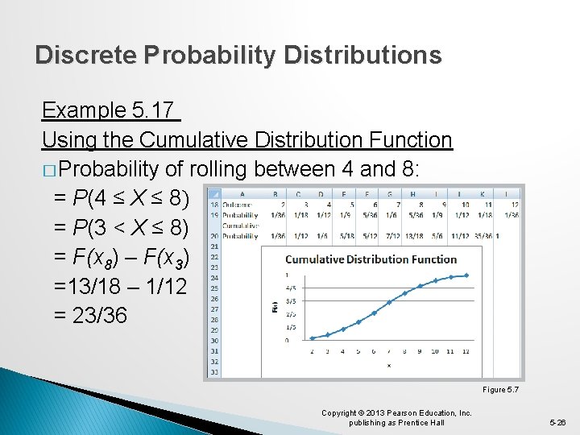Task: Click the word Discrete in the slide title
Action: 86,55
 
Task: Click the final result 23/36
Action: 90,315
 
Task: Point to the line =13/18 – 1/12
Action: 119,286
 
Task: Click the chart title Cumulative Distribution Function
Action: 371,259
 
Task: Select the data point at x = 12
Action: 466,275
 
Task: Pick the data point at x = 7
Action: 389,302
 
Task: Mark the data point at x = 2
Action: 313,338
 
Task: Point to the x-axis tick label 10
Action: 435,352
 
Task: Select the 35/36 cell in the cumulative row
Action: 483,235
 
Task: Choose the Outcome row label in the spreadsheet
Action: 240,205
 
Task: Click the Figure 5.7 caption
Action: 500,390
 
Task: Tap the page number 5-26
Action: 557,422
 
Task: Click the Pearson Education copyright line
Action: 396,413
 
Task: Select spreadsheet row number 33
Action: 214,371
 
